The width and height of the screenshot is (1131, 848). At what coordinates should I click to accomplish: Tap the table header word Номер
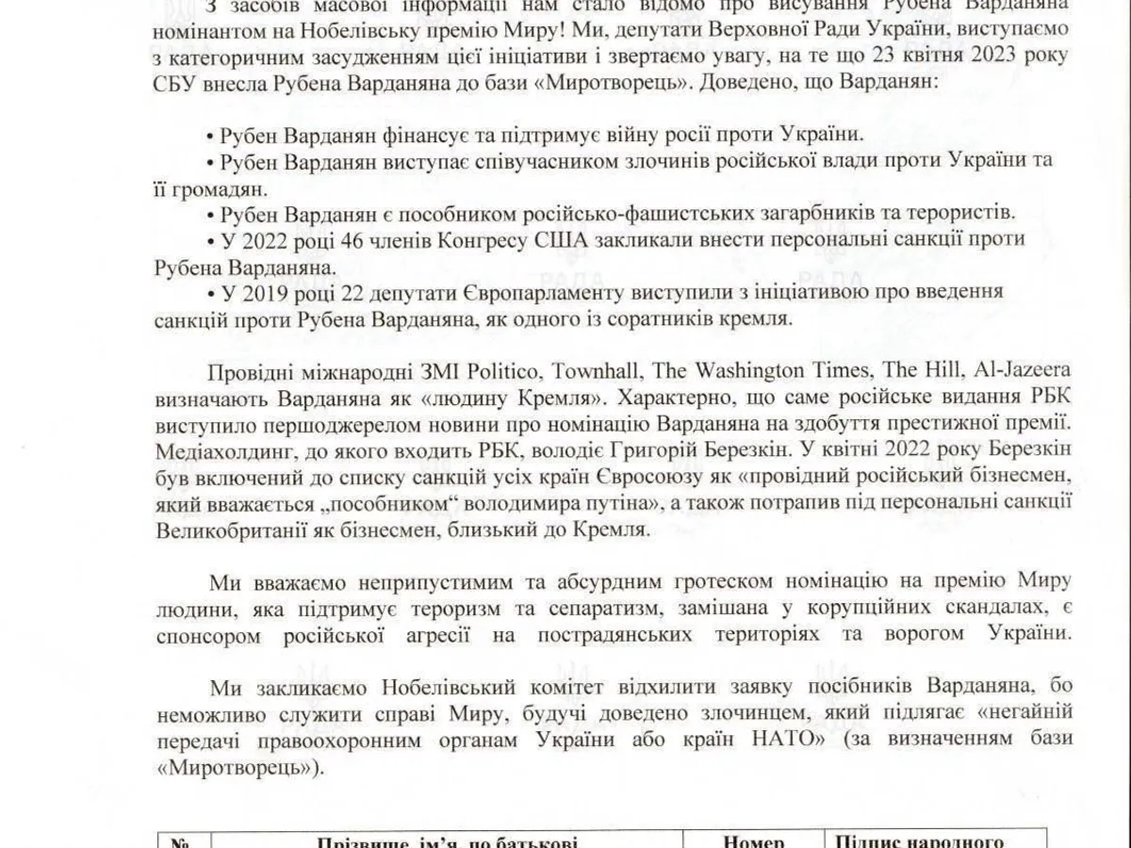point(752,843)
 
